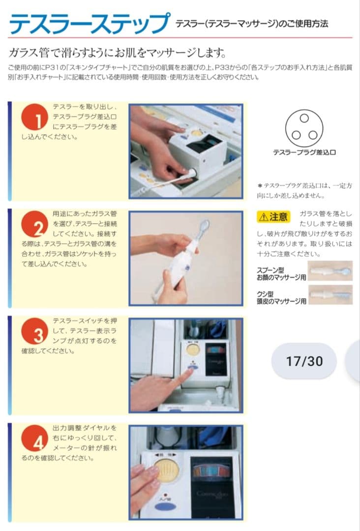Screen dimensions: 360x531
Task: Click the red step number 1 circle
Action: click(x=34, y=117)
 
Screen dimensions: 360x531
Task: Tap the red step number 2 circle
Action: click(x=34, y=224)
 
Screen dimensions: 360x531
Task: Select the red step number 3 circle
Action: click(x=34, y=331)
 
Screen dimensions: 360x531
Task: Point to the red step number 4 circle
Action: click(x=34, y=438)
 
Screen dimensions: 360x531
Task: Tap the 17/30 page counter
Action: click(x=304, y=361)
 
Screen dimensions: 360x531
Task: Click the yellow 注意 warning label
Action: click(x=274, y=217)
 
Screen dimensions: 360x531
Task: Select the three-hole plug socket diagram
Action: click(x=304, y=128)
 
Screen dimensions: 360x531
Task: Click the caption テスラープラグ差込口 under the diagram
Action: click(x=304, y=152)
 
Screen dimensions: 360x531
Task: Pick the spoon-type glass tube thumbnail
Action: click(x=330, y=271)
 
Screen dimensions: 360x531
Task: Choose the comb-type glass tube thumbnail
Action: click(x=330, y=295)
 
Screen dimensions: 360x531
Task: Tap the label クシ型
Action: click(x=265, y=294)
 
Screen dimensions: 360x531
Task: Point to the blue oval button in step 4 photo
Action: click(x=165, y=508)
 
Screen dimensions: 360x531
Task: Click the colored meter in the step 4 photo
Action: click(x=211, y=472)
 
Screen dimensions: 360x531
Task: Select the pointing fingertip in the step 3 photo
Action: click(x=190, y=372)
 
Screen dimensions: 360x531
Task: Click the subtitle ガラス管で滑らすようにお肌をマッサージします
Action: click(x=117, y=53)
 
